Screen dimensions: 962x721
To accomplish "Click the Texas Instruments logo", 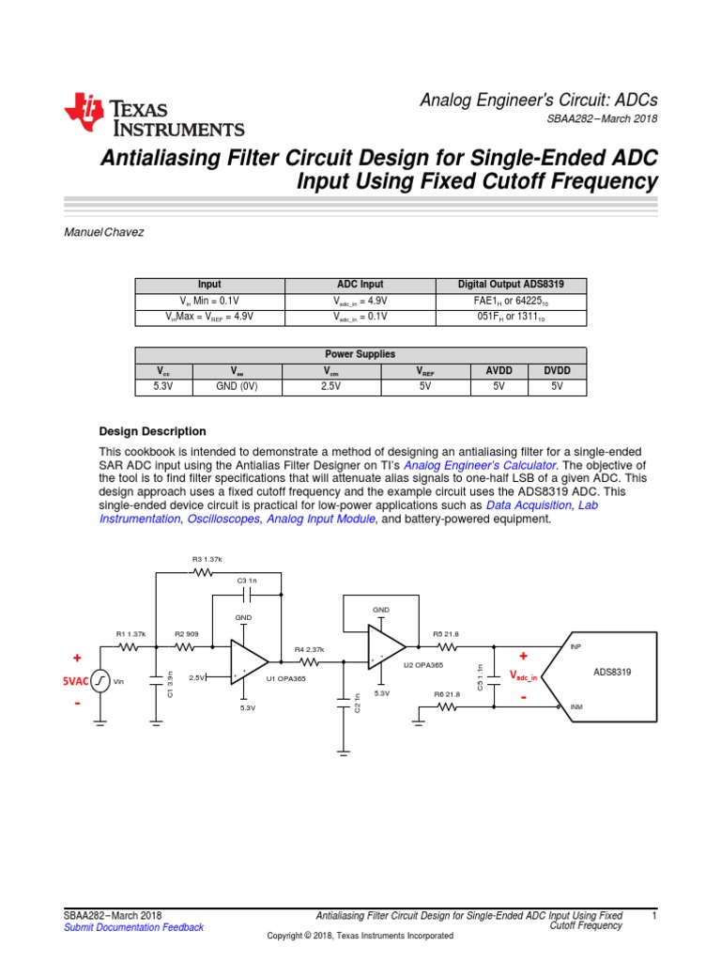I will [x=154, y=116].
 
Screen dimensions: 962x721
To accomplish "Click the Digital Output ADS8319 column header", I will [x=509, y=285].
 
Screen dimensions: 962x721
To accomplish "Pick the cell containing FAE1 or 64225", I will [x=509, y=301].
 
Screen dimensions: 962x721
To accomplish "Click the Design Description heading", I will [x=152, y=431].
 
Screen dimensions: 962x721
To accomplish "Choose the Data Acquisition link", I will [x=529, y=504].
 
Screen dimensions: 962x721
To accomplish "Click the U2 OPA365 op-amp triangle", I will [x=385, y=647].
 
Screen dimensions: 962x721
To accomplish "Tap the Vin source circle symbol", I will [x=100, y=681].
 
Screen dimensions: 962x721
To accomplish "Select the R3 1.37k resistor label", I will [x=207, y=558].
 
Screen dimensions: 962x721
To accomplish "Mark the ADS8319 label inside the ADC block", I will [x=612, y=672].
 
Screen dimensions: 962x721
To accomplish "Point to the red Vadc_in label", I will [x=523, y=675].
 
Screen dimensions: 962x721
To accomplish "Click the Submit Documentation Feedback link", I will [x=132, y=927].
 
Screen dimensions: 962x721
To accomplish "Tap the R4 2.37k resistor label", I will [x=309, y=649].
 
